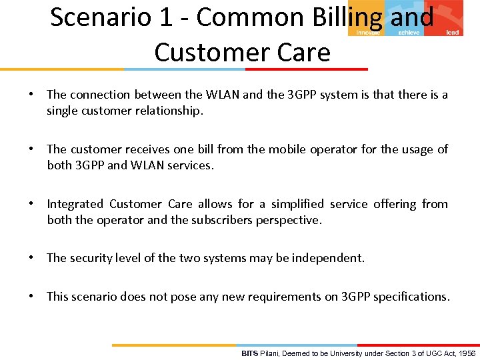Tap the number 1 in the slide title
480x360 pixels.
(x=163, y=17)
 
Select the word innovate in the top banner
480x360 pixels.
(x=368, y=32)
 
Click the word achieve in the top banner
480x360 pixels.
(x=409, y=32)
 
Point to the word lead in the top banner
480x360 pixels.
(x=452, y=32)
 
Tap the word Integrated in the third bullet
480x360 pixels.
(x=75, y=204)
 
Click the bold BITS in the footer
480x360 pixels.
(x=249, y=353)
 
